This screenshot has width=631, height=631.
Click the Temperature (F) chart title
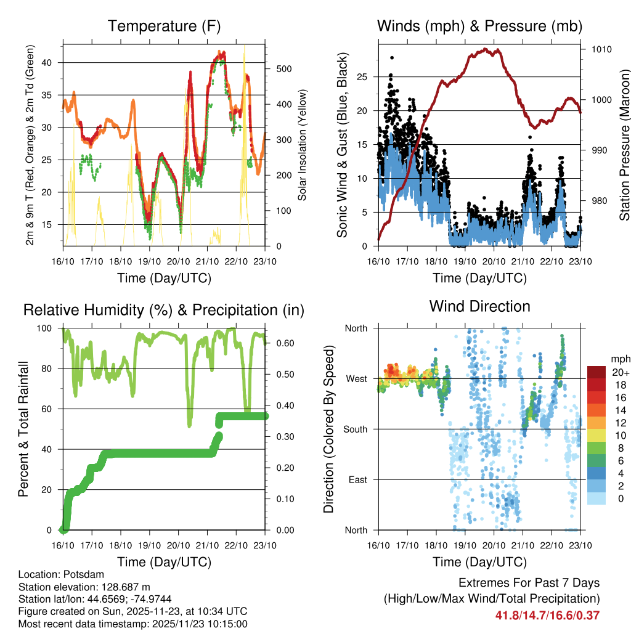pyautogui.click(x=164, y=26)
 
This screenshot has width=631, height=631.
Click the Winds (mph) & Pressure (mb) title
pyautogui.click(x=479, y=26)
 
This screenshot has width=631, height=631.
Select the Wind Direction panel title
pyautogui.click(x=479, y=306)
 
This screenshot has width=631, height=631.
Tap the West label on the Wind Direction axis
pyautogui.click(x=356, y=378)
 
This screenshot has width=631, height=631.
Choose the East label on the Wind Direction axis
pyautogui.click(x=357, y=479)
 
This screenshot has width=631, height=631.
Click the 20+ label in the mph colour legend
pyautogui.click(x=619, y=372)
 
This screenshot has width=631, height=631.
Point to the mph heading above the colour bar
pyautogui.click(x=619, y=358)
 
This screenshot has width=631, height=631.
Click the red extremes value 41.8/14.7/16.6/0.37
pyautogui.click(x=547, y=615)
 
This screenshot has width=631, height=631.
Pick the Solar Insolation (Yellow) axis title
pyautogui.click(x=302, y=145)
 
